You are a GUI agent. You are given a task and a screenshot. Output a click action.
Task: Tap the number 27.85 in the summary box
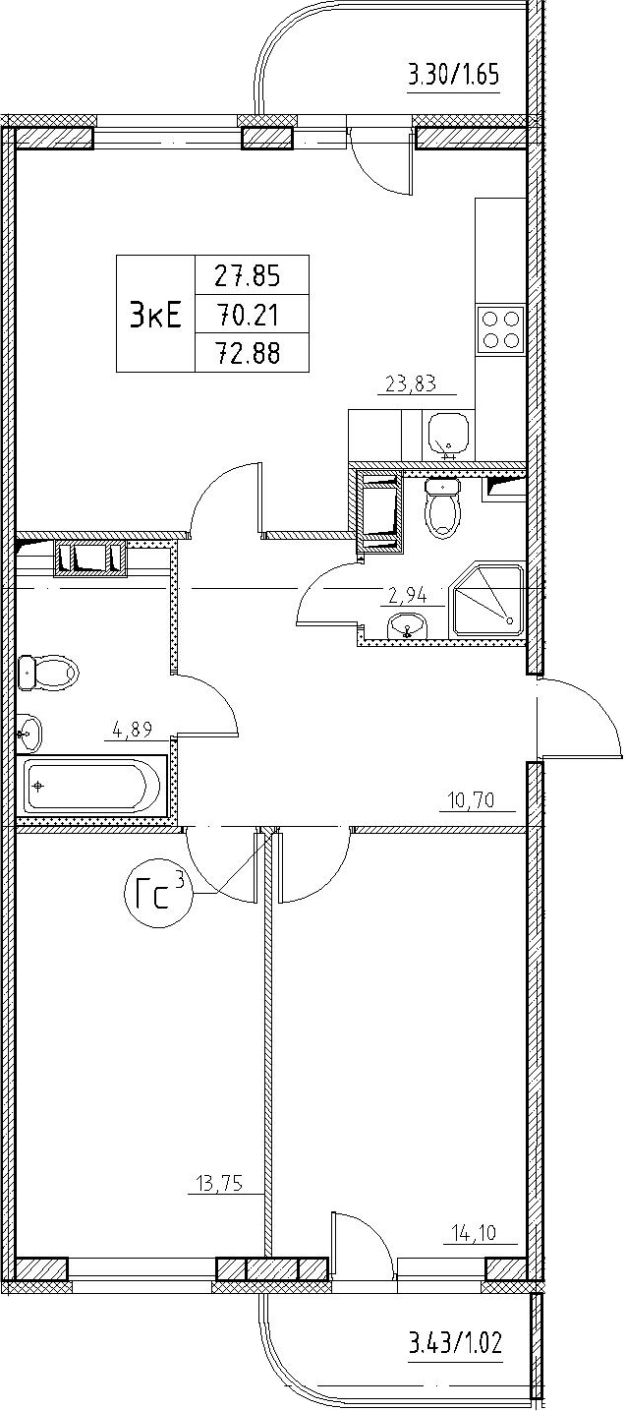(x=247, y=276)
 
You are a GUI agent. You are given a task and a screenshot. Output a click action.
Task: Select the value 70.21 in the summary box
(x=247, y=315)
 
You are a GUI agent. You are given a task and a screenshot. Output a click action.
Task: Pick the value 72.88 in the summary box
(x=247, y=353)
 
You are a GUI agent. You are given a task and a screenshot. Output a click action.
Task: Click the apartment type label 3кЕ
(x=155, y=315)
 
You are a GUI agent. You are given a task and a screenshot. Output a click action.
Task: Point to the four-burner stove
(x=500, y=329)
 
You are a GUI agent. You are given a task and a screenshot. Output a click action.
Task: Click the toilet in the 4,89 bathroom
(x=48, y=674)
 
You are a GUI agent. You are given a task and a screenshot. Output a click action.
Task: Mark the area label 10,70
(x=472, y=801)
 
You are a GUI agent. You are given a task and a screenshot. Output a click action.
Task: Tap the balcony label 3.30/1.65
(x=453, y=77)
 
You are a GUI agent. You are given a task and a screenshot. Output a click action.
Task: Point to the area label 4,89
(x=133, y=732)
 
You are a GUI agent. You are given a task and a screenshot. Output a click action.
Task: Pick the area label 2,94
(x=407, y=594)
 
